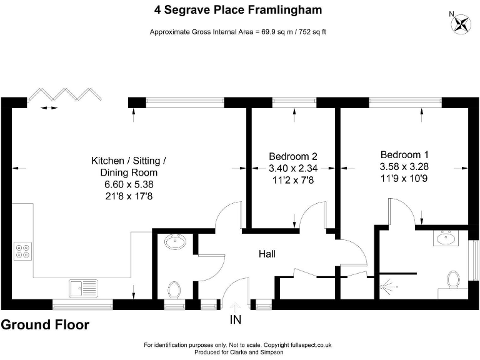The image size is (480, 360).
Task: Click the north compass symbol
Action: tap(461, 23)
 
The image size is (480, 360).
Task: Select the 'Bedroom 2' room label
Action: tap(293, 156)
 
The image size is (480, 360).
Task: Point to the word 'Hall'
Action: tap(267, 254)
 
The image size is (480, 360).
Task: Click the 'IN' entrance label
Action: tap(236, 320)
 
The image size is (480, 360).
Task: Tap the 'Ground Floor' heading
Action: tap(45, 325)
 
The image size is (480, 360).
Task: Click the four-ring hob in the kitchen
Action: tap(22, 251)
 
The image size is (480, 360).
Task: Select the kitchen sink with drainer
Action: tap(82, 288)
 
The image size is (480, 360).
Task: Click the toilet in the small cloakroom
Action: tap(174, 289)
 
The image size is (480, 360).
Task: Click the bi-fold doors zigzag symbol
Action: tap(66, 94)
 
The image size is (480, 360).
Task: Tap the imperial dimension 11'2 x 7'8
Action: tap(293, 180)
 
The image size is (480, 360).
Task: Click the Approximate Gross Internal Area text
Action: tap(237, 32)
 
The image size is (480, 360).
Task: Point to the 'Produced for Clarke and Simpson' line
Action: tap(237, 352)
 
